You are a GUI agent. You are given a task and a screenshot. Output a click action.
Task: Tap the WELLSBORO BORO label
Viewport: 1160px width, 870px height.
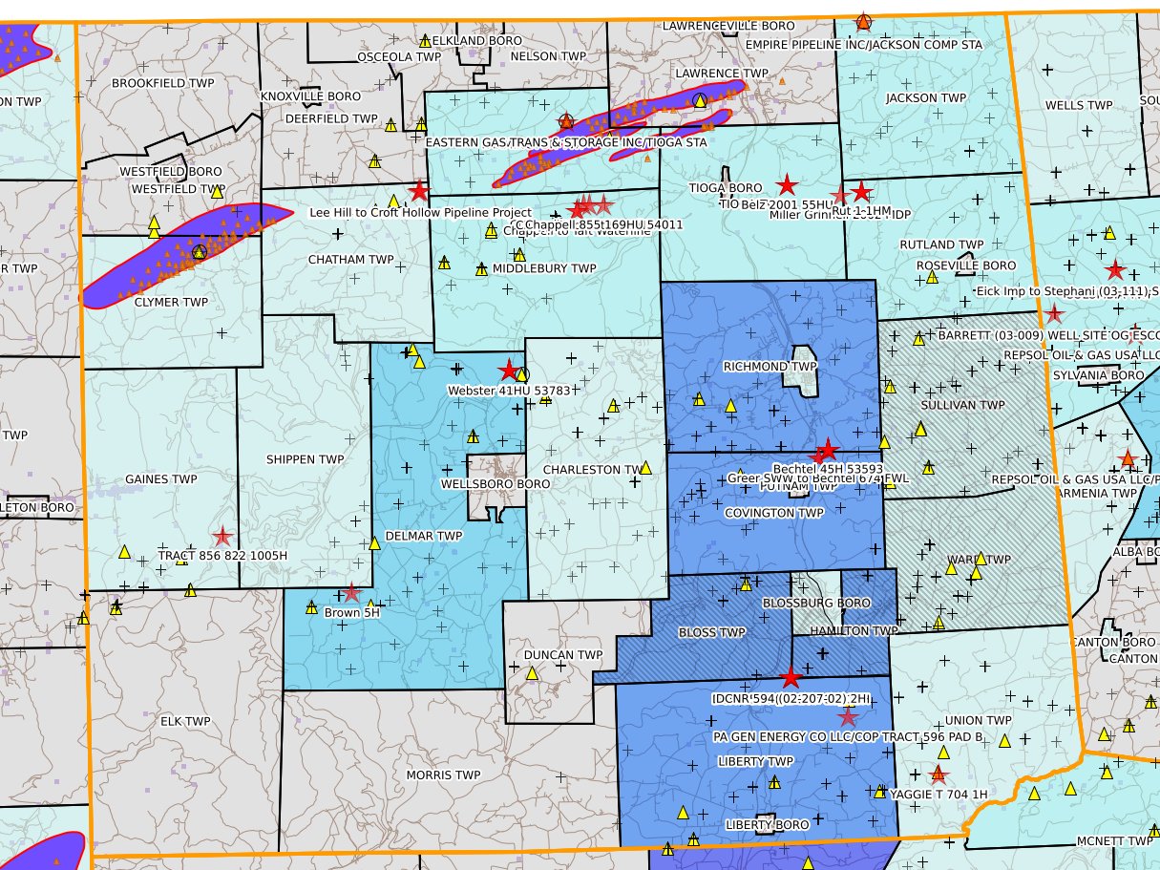[496, 484]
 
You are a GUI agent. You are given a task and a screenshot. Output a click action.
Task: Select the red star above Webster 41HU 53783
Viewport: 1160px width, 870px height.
[509, 371]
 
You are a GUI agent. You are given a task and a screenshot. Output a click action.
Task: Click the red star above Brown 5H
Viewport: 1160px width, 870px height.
[351, 593]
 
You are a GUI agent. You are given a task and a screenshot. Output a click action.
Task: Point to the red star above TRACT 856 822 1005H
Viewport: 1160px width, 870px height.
[222, 537]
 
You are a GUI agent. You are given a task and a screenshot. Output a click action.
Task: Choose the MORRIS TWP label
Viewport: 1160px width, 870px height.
[443, 775]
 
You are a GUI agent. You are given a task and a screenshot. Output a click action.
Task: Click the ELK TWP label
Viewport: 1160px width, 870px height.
[185, 721]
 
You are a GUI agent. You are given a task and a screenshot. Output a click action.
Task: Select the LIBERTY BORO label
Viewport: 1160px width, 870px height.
[767, 824]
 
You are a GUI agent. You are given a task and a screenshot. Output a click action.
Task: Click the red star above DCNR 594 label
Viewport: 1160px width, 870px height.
[791, 678]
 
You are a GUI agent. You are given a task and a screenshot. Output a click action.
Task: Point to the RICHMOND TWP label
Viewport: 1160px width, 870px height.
[756, 367]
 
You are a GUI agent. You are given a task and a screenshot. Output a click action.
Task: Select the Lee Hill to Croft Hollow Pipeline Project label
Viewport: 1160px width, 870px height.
[421, 212]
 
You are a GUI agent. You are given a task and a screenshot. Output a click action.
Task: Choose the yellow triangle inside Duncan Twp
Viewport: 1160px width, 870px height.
[532, 673]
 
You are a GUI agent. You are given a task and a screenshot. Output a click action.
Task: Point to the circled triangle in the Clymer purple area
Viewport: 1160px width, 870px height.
[199, 251]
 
